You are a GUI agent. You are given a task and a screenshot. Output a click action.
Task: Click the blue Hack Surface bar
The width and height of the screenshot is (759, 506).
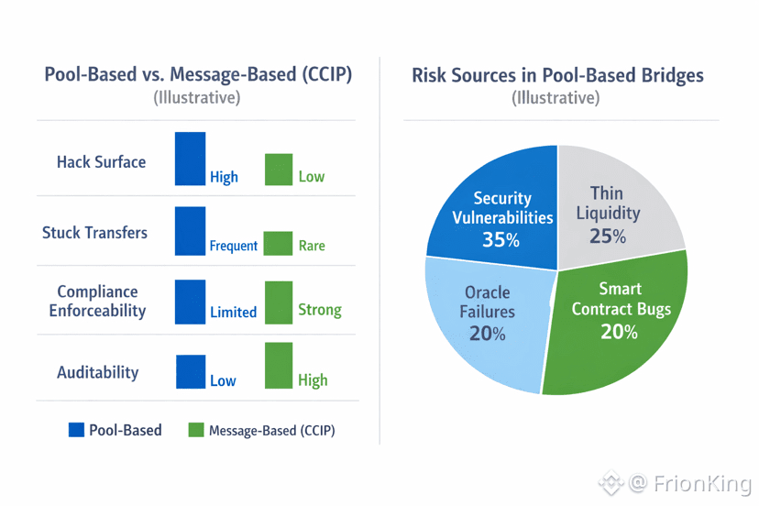coord(191,159)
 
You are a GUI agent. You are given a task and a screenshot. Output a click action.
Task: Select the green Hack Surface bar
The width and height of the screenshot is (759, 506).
coord(279,170)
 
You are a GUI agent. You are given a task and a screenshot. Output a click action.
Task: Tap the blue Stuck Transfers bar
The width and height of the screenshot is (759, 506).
coord(191,230)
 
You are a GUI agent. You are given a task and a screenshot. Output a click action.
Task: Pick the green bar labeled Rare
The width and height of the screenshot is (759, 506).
coord(279,243)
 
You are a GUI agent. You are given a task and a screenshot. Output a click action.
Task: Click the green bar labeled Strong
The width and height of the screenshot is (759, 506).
coord(279,302)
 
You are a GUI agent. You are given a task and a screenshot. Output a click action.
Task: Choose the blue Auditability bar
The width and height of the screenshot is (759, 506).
coord(191,371)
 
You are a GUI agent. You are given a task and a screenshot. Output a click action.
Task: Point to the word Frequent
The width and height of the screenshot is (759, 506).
coord(233,246)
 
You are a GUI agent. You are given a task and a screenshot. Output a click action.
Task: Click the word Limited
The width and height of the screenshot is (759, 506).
coord(233,313)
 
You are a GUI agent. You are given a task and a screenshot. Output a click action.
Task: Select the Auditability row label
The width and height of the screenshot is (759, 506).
coord(98,372)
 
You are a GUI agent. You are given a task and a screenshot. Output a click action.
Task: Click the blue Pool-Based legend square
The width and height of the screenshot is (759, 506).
coord(77,429)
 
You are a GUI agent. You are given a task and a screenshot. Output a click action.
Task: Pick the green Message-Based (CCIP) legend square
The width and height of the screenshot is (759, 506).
coord(195,429)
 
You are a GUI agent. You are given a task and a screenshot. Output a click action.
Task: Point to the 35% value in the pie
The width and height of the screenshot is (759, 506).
coord(500,241)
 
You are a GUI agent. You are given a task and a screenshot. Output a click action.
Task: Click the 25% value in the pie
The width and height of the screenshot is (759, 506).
coord(607,236)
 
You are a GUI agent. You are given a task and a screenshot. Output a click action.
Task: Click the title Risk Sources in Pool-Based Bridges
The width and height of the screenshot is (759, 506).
coord(557,75)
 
